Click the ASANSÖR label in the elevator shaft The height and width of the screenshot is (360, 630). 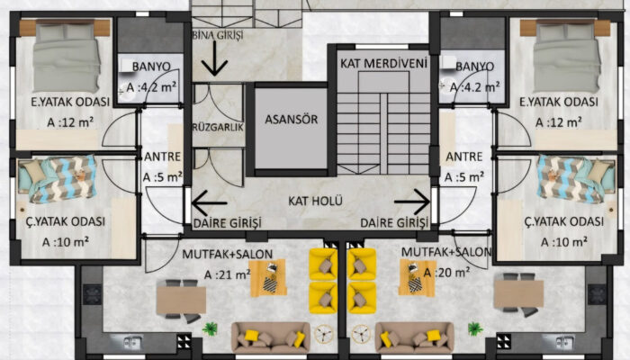(x=292, y=119)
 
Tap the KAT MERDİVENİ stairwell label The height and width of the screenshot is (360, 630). (x=383, y=64)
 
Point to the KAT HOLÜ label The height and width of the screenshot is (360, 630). (x=315, y=201)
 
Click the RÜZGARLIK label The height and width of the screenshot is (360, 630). (x=218, y=128)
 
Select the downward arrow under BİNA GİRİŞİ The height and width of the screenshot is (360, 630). (x=214, y=58)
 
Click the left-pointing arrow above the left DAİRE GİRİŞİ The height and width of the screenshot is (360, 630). (x=210, y=202)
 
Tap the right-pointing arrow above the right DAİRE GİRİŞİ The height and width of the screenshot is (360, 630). (x=412, y=202)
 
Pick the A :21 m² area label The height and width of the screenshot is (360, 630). (x=228, y=274)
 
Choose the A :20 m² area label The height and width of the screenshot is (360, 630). (x=446, y=273)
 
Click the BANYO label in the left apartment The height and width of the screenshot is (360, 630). (x=151, y=67)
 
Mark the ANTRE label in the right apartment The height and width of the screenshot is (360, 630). (x=464, y=157)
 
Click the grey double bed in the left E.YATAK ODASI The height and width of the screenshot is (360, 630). (x=67, y=57)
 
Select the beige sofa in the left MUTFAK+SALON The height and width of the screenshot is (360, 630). (x=270, y=337)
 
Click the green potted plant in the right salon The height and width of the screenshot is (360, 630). (x=475, y=328)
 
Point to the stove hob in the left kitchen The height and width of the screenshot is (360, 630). (x=93, y=294)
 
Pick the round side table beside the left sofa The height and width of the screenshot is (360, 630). (x=324, y=334)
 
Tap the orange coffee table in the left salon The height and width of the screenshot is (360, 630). (x=268, y=277)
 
